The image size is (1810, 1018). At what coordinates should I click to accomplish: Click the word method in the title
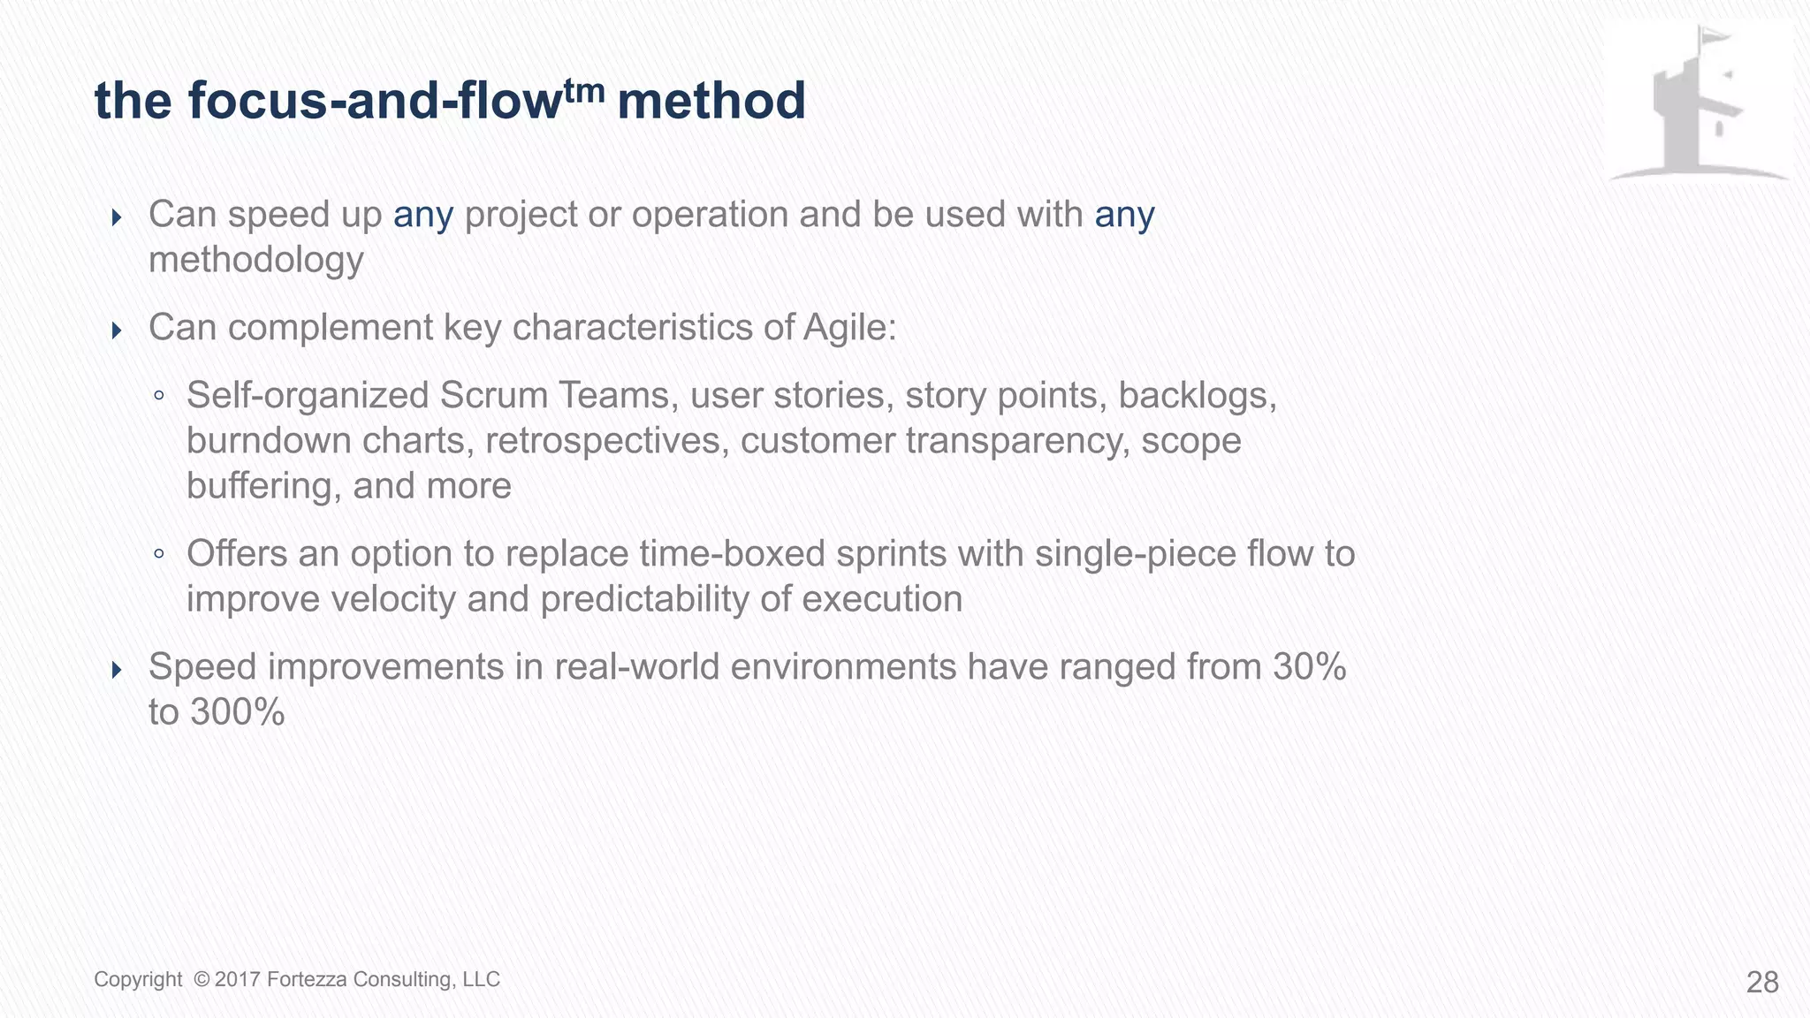pyautogui.click(x=711, y=101)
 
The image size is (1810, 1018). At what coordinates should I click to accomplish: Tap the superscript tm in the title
pyautogui.click(x=584, y=89)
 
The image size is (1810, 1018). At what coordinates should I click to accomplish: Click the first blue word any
pyautogui.click(x=423, y=216)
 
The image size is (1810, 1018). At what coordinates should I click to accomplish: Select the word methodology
pyautogui.click(x=256, y=261)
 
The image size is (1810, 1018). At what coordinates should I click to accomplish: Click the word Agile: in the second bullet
pyautogui.click(x=849, y=328)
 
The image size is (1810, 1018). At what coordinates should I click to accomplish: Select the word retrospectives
pyautogui.click(x=607, y=441)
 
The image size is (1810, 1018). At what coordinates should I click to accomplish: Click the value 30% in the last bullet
pyautogui.click(x=1309, y=667)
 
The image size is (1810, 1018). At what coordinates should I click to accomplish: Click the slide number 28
pyautogui.click(x=1762, y=982)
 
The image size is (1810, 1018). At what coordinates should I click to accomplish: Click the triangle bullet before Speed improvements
pyautogui.click(x=117, y=669)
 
